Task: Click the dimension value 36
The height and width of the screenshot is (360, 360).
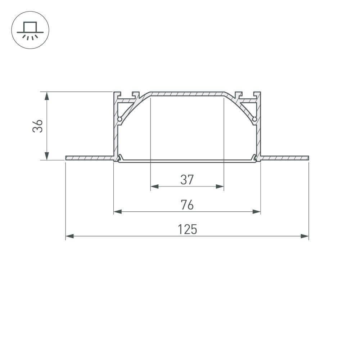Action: pyautogui.click(x=38, y=126)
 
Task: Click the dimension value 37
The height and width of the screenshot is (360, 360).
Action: pyautogui.click(x=187, y=179)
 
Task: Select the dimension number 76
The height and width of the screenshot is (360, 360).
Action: pyautogui.click(x=187, y=204)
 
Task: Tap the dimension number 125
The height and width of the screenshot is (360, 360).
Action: pyautogui.click(x=187, y=229)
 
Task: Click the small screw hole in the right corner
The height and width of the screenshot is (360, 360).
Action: pyautogui.click(x=255, y=118)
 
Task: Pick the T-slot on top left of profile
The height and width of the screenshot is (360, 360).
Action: pyautogui.click(x=135, y=95)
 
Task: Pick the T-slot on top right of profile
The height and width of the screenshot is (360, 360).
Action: pyautogui.click(x=238, y=95)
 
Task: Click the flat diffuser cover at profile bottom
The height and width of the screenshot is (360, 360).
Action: pyautogui.click(x=187, y=161)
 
